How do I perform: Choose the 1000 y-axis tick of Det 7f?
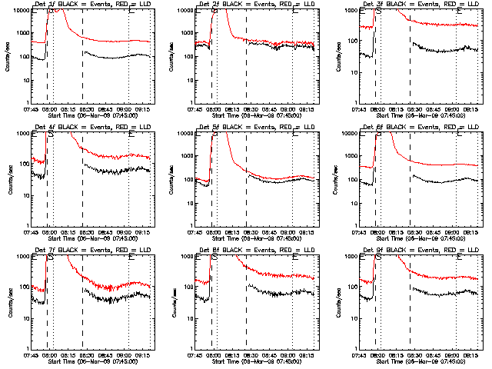click(22, 257)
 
